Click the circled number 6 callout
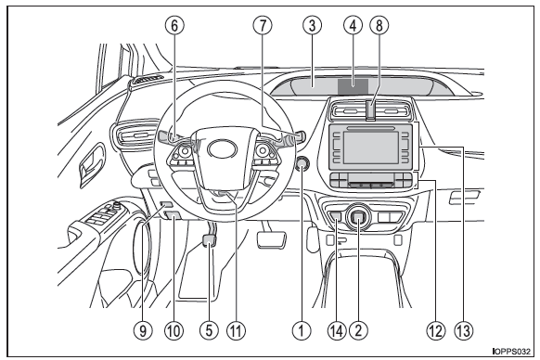click(174, 25)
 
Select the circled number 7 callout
click(263, 25)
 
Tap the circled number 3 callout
click(312, 25)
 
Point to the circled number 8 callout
click(379, 25)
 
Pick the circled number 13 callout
click(464, 330)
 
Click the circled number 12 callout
click(435, 330)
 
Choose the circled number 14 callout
click(337, 330)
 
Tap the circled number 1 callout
click(302, 330)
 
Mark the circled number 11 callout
click(237, 330)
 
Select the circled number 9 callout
click(143, 330)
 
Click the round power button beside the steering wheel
click(302, 163)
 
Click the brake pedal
click(272, 238)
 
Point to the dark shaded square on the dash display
click(353, 86)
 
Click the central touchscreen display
click(370, 148)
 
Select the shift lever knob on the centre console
click(358, 217)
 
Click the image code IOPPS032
click(511, 352)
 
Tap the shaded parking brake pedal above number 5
click(209, 240)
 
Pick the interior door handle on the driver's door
click(89, 166)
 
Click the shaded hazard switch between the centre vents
click(370, 111)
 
